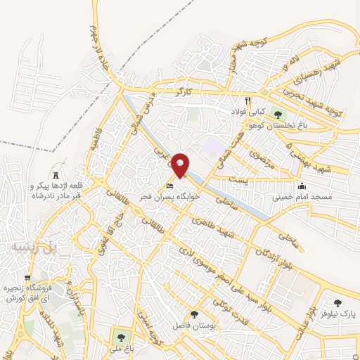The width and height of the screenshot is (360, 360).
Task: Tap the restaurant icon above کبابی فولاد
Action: [248, 101]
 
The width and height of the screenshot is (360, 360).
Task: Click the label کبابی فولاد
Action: [249, 112]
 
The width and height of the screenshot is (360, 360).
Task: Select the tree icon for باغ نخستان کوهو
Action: [277, 114]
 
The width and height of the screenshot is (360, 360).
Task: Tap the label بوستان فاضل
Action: [194, 327]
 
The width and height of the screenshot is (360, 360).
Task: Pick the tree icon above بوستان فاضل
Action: [195, 315]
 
